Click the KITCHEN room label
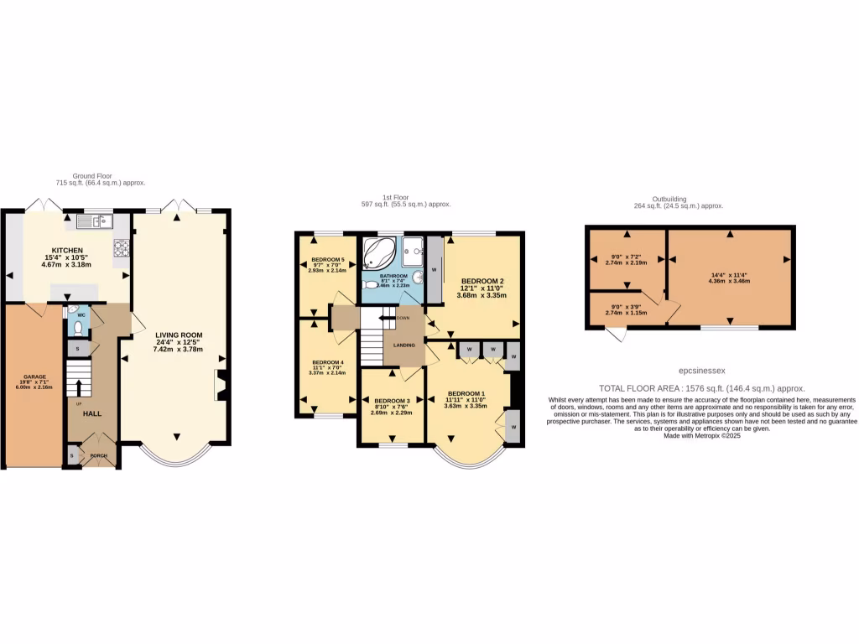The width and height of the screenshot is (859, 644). (66, 251)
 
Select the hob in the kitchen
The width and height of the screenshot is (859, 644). (120, 248)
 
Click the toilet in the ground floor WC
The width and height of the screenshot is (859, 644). (79, 327)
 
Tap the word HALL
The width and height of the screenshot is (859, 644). (91, 413)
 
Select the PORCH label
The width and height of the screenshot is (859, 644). (99, 456)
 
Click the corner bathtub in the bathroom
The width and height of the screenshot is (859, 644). (381, 252)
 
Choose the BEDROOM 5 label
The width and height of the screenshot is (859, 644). (327, 260)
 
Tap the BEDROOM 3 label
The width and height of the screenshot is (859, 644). (392, 402)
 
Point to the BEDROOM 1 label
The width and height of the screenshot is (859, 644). (466, 394)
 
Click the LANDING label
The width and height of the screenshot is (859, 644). (404, 344)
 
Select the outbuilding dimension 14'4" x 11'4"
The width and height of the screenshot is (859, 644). (728, 274)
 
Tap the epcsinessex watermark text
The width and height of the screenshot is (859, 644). (701, 369)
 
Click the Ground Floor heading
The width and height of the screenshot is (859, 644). (91, 176)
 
